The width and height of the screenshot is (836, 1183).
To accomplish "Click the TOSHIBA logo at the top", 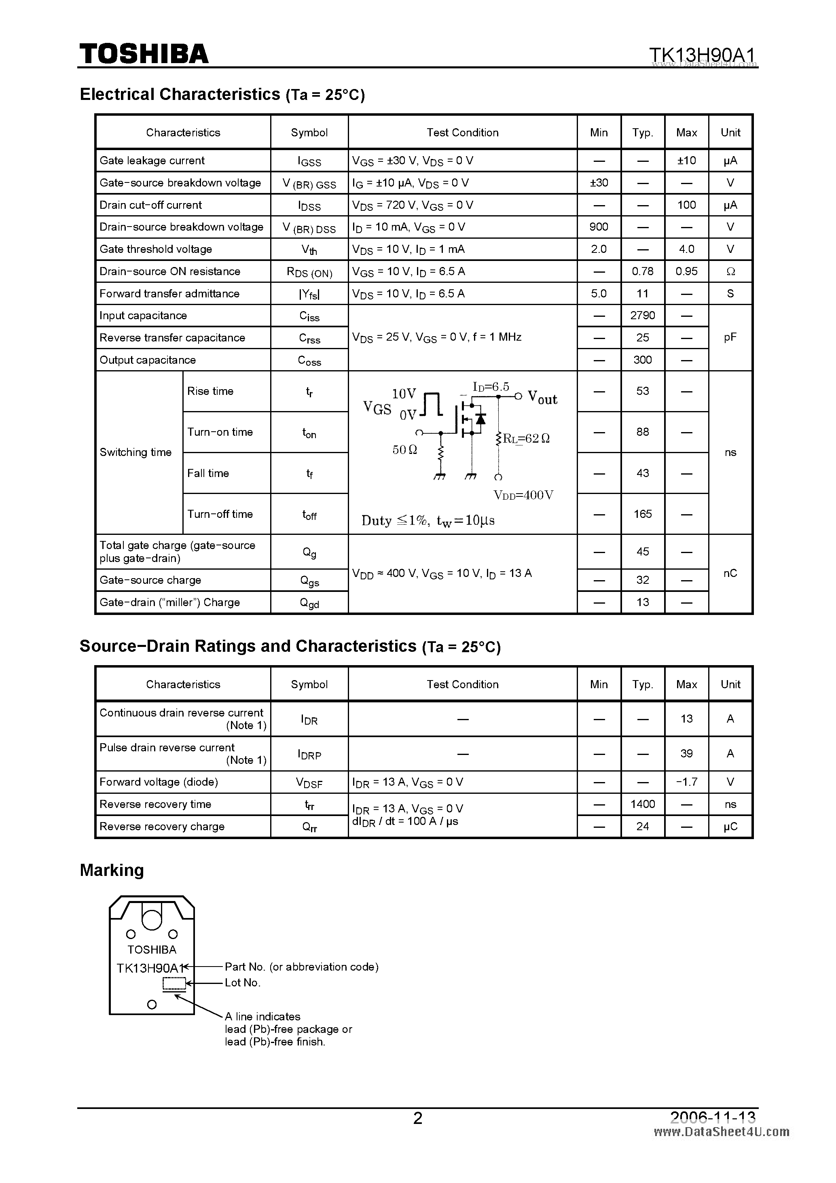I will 144,53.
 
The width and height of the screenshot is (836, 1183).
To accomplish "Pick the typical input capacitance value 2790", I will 642,315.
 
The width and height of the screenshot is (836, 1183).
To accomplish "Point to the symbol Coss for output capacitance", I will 309,360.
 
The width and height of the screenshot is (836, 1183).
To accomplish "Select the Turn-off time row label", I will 220,514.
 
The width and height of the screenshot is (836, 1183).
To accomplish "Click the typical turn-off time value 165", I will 642,514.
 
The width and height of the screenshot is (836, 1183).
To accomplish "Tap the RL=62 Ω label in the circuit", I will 526,439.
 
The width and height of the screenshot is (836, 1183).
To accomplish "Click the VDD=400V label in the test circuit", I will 523,495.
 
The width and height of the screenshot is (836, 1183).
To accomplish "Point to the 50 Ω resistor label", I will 405,450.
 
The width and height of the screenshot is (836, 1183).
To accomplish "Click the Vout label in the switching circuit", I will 543,398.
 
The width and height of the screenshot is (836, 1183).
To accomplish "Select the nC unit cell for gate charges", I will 730,573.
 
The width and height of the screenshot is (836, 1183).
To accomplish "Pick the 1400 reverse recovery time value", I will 642,804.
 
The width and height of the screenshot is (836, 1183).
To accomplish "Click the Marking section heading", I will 112,870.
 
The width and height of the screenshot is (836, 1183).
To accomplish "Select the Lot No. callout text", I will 243,983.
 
